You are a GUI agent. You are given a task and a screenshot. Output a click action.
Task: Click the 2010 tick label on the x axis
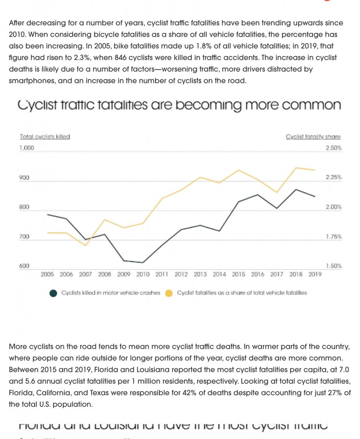tap(143, 274)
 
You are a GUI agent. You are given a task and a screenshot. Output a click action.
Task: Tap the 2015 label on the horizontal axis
tap(239, 274)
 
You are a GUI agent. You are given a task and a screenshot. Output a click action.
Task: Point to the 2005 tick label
tap(48, 274)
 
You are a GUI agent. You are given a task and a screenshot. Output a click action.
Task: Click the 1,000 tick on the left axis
tap(26, 148)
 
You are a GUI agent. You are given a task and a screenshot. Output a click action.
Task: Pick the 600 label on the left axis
tap(24, 266)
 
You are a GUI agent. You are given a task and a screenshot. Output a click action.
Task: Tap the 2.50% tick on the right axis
tap(334, 148)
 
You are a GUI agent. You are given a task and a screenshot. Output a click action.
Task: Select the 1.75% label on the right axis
tap(334, 237)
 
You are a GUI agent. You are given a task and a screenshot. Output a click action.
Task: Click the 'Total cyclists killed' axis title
tap(45, 137)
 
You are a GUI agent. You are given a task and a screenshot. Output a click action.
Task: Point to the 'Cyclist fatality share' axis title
tap(313, 137)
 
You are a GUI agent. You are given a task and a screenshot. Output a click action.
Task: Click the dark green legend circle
tap(53, 293)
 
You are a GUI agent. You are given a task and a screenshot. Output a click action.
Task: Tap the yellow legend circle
tap(169, 293)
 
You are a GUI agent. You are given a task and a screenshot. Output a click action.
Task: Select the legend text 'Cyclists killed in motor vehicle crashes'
tap(111, 293)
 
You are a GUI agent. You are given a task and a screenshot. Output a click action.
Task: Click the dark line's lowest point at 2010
tap(143, 263)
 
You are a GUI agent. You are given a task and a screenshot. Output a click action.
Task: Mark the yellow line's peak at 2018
tap(295, 168)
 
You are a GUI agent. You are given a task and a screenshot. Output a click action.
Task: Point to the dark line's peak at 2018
tap(295, 189)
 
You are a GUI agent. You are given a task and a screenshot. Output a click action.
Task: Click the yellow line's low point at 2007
tap(85, 246)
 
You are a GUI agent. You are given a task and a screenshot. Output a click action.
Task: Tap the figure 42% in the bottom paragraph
tap(196, 393)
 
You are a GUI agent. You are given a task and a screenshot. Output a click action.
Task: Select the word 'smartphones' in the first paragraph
tap(31, 80)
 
